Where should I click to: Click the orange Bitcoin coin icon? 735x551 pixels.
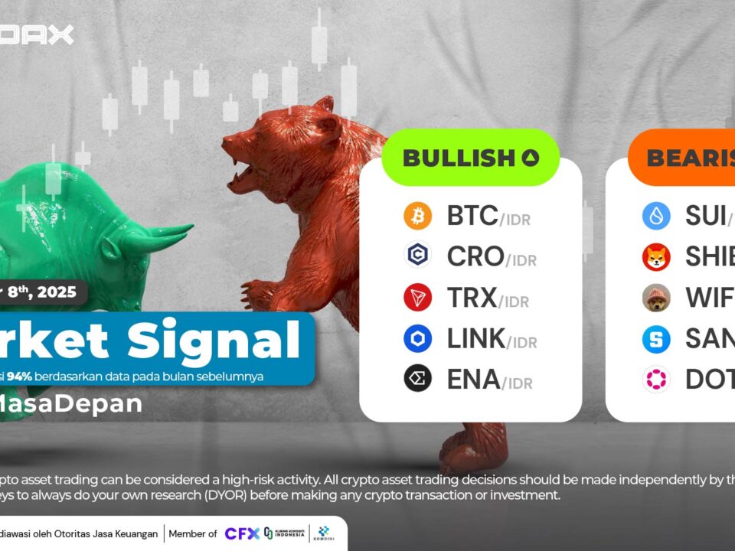pyautogui.click(x=418, y=217)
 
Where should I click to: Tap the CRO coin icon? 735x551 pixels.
pyautogui.click(x=418, y=256)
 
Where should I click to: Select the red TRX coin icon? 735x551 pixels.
pyautogui.click(x=418, y=297)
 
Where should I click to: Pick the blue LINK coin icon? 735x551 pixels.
pyautogui.click(x=418, y=337)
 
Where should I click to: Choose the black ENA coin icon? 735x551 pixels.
pyautogui.click(x=418, y=378)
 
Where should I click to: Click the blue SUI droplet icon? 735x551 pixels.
pyautogui.click(x=656, y=217)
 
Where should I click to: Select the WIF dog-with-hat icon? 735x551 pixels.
pyautogui.click(x=656, y=298)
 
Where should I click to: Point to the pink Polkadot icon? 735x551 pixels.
pyautogui.click(x=656, y=379)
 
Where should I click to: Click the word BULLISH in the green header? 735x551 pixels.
pyautogui.click(x=458, y=158)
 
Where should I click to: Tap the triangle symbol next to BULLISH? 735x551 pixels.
pyautogui.click(x=531, y=158)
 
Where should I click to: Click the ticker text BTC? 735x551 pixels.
pyautogui.click(x=472, y=217)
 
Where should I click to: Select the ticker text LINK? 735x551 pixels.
pyautogui.click(x=475, y=337)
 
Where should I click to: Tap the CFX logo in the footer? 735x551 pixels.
pyautogui.click(x=241, y=533)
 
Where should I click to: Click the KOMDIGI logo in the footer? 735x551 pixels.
pyautogui.click(x=322, y=533)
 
